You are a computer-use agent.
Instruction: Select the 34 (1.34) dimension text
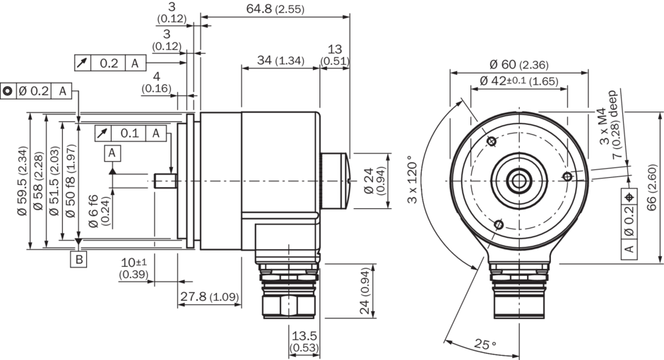pyautogui.click(x=280, y=61)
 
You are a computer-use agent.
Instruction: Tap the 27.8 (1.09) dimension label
pyautogui.click(x=208, y=296)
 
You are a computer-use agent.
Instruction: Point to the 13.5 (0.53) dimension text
pyautogui.click(x=304, y=342)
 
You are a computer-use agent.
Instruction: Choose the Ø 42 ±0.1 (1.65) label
pyautogui.click(x=519, y=80)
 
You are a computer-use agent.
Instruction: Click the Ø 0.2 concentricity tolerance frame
pyautogui.click(x=37, y=91)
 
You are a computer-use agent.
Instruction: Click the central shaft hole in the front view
pyautogui.click(x=520, y=181)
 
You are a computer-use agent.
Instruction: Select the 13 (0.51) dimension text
pyautogui.click(x=334, y=55)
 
